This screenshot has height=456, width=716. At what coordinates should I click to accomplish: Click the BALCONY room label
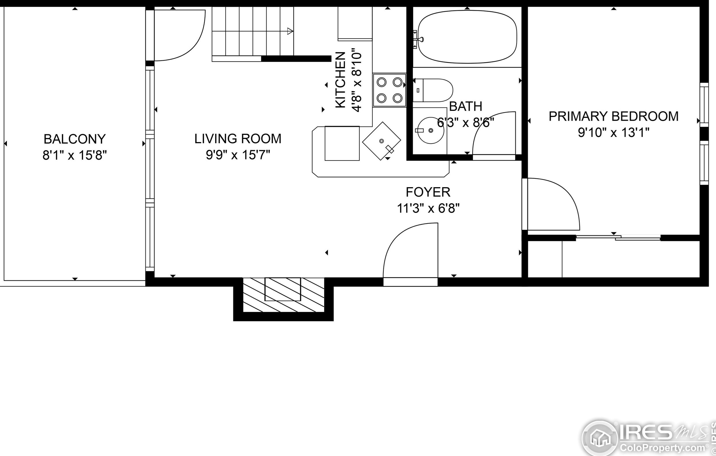[x=75, y=139]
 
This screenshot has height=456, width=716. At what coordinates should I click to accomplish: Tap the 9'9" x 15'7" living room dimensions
[x=238, y=155]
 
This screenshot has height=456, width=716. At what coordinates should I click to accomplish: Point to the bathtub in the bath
[x=467, y=37]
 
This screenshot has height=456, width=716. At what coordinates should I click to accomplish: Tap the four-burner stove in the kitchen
[x=390, y=90]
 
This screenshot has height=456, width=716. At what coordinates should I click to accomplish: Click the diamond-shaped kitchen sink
[x=382, y=141]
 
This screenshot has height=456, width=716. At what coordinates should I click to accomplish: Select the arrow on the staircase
[x=290, y=31]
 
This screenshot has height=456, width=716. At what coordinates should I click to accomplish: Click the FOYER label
[x=428, y=192]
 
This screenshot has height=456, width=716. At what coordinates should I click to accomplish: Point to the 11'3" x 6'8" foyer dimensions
[x=428, y=209]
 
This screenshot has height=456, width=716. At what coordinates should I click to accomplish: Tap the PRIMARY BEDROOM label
[x=613, y=116]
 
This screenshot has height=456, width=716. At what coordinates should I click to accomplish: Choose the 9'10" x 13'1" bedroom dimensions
[x=613, y=133]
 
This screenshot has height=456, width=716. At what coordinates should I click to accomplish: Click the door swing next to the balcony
[x=178, y=36]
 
